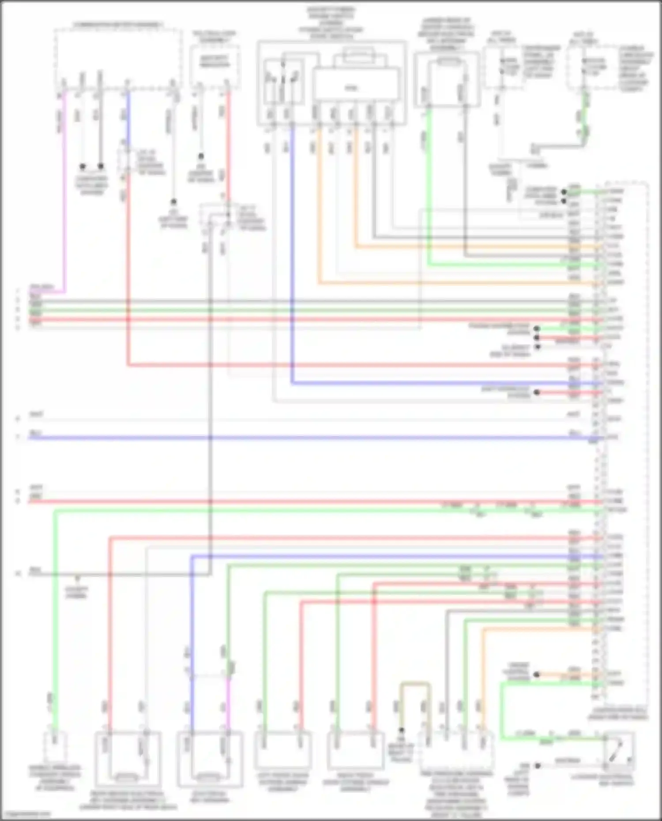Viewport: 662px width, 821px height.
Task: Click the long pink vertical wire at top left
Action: click(x=65, y=190)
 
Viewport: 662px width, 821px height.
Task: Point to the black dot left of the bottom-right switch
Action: click(x=538, y=766)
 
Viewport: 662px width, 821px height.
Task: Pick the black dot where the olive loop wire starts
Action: click(x=402, y=730)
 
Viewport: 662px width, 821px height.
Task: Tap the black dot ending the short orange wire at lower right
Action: click(x=537, y=675)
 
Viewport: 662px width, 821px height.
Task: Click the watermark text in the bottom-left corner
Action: click(x=26, y=814)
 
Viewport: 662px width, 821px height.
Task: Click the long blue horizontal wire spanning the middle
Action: click(x=309, y=438)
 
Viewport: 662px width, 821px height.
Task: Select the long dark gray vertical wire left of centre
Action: click(x=210, y=397)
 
